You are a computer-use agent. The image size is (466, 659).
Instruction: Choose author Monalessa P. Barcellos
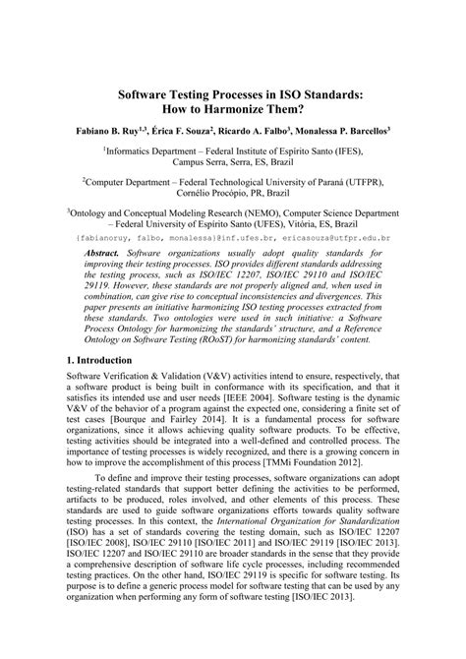coord(349,129)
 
